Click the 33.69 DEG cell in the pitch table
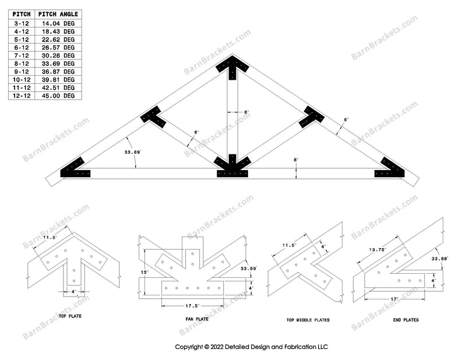58,63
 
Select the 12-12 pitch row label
22,96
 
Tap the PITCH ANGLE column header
58,14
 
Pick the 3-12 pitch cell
22,23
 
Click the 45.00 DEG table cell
58,96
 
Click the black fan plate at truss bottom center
232,167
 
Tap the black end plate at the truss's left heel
75,169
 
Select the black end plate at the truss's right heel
390,169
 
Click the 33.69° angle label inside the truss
132,152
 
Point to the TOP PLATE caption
70,316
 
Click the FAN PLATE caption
197,319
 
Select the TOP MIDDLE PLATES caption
308,320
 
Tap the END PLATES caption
405,320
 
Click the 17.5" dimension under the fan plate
193,306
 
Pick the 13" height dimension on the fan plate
144,272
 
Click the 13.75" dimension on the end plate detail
377,250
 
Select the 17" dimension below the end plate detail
394,299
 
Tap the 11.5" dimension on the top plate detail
50,238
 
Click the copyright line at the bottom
252,347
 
